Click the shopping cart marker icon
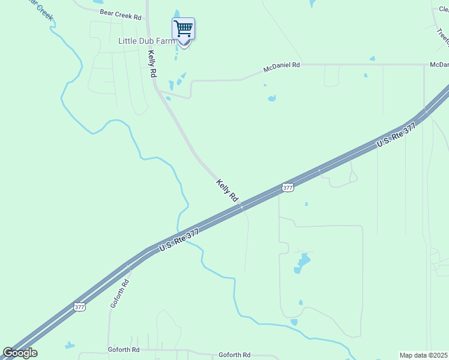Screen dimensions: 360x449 [x=183, y=29]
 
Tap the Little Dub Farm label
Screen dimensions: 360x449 [x=147, y=41]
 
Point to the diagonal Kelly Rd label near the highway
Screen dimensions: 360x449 [x=228, y=190]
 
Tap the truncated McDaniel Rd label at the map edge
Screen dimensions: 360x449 [x=439, y=64]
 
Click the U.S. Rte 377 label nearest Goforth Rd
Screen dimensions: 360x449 [x=179, y=240]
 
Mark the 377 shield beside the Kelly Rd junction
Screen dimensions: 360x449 [x=288, y=188]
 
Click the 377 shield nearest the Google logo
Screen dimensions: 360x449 [x=80, y=307]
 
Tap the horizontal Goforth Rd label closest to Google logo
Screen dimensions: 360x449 [x=124, y=350]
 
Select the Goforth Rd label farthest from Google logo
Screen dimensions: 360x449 [x=234, y=355]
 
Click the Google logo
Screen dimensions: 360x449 [x=20, y=353]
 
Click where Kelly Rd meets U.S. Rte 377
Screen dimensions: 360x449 [x=241, y=206]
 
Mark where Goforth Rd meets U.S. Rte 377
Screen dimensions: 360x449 [x=128, y=265]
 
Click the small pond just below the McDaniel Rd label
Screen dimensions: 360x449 [x=272, y=98]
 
